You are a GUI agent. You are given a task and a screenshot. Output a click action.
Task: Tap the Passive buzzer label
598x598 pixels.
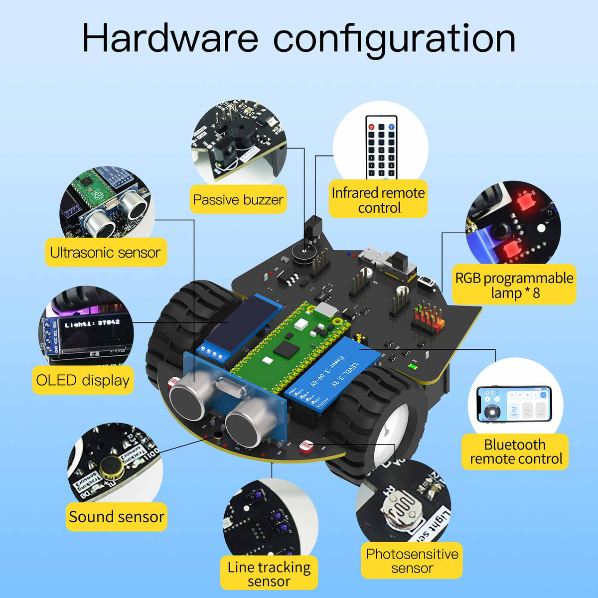238,200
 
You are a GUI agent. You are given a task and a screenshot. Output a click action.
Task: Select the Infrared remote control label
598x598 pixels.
378,200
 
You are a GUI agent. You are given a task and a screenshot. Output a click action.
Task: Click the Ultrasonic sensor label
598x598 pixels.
106,253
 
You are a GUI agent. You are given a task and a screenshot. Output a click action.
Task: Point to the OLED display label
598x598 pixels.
83,381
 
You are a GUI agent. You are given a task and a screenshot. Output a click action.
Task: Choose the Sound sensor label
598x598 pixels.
117,517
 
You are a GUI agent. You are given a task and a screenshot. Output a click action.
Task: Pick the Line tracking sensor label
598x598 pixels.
269,574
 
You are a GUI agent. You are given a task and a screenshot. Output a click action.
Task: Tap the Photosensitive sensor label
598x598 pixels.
412,561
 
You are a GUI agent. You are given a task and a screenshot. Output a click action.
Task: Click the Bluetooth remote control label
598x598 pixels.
515,451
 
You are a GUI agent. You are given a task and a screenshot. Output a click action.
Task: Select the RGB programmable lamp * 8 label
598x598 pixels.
514,285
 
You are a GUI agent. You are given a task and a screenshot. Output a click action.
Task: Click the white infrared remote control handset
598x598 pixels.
381,147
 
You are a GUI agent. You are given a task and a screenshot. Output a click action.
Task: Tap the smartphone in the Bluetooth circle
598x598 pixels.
514,404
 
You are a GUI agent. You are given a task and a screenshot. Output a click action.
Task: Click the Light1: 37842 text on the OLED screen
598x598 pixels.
92,323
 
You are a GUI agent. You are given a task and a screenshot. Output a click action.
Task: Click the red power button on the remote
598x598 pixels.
371,127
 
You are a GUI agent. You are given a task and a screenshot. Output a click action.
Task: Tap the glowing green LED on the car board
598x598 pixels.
412,367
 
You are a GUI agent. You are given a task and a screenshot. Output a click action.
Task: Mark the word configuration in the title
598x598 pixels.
394,39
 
